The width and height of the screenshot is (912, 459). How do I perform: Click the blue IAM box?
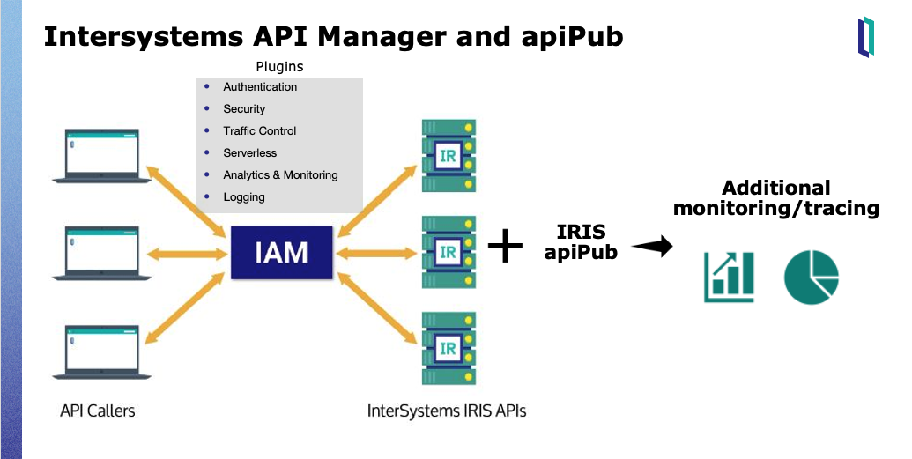(x=282, y=253)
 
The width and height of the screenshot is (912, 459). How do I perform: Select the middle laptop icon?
(x=102, y=253)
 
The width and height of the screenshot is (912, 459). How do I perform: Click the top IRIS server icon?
(x=449, y=156)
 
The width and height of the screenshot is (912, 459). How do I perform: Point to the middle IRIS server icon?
(x=449, y=252)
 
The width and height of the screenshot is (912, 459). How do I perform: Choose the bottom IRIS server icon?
(x=449, y=348)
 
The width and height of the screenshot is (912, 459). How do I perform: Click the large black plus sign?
(x=505, y=246)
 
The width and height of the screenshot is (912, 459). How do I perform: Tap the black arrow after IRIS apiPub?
(x=652, y=247)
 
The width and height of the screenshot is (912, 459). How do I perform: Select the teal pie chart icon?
(x=812, y=278)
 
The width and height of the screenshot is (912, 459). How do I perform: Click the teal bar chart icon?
(x=729, y=277)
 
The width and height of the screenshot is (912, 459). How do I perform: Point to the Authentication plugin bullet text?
(x=260, y=87)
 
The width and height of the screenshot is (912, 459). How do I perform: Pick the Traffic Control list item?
(x=260, y=131)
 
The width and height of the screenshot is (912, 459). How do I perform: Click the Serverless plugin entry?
(x=250, y=153)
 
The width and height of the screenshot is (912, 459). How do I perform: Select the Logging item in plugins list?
(x=244, y=197)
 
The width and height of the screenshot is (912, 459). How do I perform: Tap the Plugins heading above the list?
(x=279, y=67)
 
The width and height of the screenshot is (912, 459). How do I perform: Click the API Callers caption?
(x=98, y=411)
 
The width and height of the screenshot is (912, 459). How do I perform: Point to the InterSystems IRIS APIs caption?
(x=447, y=411)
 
